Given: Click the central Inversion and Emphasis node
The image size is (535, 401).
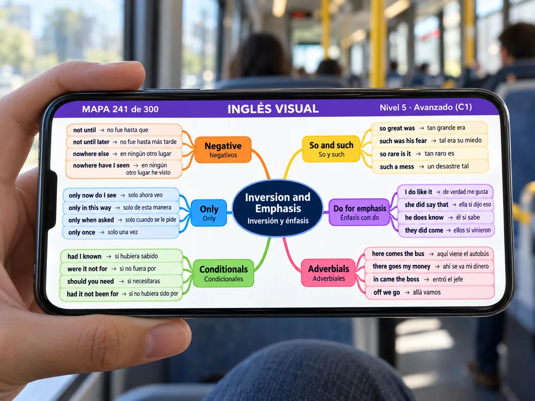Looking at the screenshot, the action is coord(277,208).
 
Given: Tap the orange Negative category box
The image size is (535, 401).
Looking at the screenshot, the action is coord(223,150).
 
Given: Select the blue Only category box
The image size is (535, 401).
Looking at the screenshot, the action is coord(209,213).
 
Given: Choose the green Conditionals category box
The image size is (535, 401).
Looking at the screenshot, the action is coord(224,273).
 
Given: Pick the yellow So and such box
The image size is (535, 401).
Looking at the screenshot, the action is coord(331,149).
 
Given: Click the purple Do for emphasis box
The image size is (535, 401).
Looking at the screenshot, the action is coord(360,212).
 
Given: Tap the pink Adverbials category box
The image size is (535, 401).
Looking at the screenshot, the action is coord(328,273).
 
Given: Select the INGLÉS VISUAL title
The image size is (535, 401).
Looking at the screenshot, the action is coord(273,109).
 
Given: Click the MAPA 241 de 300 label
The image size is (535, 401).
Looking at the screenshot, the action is coord(120,109).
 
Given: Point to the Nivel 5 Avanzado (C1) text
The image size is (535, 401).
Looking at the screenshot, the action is coord(426,107).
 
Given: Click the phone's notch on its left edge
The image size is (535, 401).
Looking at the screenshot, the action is coord(52,200).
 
